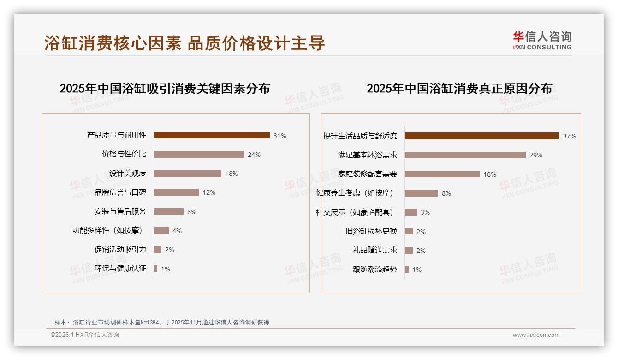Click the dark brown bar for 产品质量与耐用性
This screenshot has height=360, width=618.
212,135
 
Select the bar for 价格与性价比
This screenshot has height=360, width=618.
199,155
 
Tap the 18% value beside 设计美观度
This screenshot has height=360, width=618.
232,174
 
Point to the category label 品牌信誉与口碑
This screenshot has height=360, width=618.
120,192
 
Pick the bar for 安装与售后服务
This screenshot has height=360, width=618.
169,211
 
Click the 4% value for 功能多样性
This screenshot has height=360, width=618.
177,231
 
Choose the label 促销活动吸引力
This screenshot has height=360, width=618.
120,250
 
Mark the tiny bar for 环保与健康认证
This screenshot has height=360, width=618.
156,269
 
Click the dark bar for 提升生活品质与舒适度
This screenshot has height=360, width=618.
482,136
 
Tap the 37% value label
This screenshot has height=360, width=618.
570,136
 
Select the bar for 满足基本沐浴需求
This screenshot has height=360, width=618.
465,155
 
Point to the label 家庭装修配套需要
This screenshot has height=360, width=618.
367,174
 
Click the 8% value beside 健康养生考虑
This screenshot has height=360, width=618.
446,193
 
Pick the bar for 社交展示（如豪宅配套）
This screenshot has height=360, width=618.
411,212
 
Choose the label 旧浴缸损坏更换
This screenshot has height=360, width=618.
371,231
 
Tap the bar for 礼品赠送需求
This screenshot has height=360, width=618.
409,250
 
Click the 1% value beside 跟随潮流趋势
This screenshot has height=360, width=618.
417,270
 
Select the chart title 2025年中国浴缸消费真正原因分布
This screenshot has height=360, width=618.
459,89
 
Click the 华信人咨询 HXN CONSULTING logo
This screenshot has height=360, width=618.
542,40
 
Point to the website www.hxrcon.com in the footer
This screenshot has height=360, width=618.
536,335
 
